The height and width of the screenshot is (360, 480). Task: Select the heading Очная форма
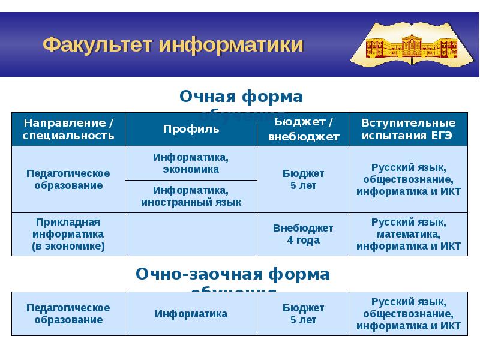(242, 97)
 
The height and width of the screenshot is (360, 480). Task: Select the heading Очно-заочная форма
(233, 274)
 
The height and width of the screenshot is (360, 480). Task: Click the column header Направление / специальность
(68, 129)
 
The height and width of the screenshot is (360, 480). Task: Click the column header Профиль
(191, 129)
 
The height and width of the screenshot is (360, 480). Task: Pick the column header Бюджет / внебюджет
(304, 129)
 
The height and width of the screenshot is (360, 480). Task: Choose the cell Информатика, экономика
(191, 163)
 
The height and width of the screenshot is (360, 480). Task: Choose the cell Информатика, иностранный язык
(191, 196)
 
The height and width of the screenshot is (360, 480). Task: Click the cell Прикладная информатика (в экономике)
(68, 234)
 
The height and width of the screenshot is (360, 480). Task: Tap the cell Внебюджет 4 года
(304, 234)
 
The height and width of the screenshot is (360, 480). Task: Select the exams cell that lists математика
(408, 234)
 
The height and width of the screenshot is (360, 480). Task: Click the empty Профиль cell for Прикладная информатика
(191, 234)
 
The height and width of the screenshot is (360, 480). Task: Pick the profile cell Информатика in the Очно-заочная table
(191, 314)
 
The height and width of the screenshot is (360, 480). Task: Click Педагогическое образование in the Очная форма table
(68, 179)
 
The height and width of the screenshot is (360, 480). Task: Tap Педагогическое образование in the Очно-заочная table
(68, 314)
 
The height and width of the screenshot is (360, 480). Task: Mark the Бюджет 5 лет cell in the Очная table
(304, 179)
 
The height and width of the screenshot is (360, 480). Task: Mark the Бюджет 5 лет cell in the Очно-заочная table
(304, 314)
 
